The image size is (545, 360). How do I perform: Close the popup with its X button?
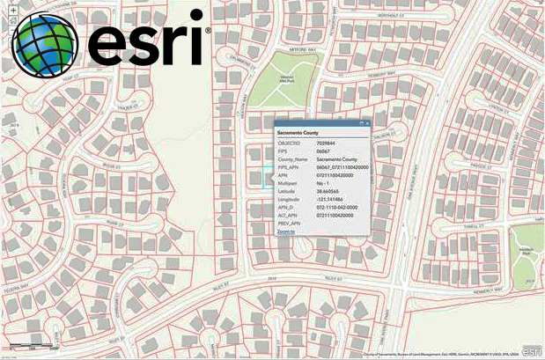[x=367, y=123]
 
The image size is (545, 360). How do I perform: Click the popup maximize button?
[x=360, y=123]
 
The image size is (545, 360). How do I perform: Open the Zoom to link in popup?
[x=286, y=231]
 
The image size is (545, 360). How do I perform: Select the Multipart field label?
[x=288, y=183]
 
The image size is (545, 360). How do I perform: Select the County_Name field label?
[x=292, y=158]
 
